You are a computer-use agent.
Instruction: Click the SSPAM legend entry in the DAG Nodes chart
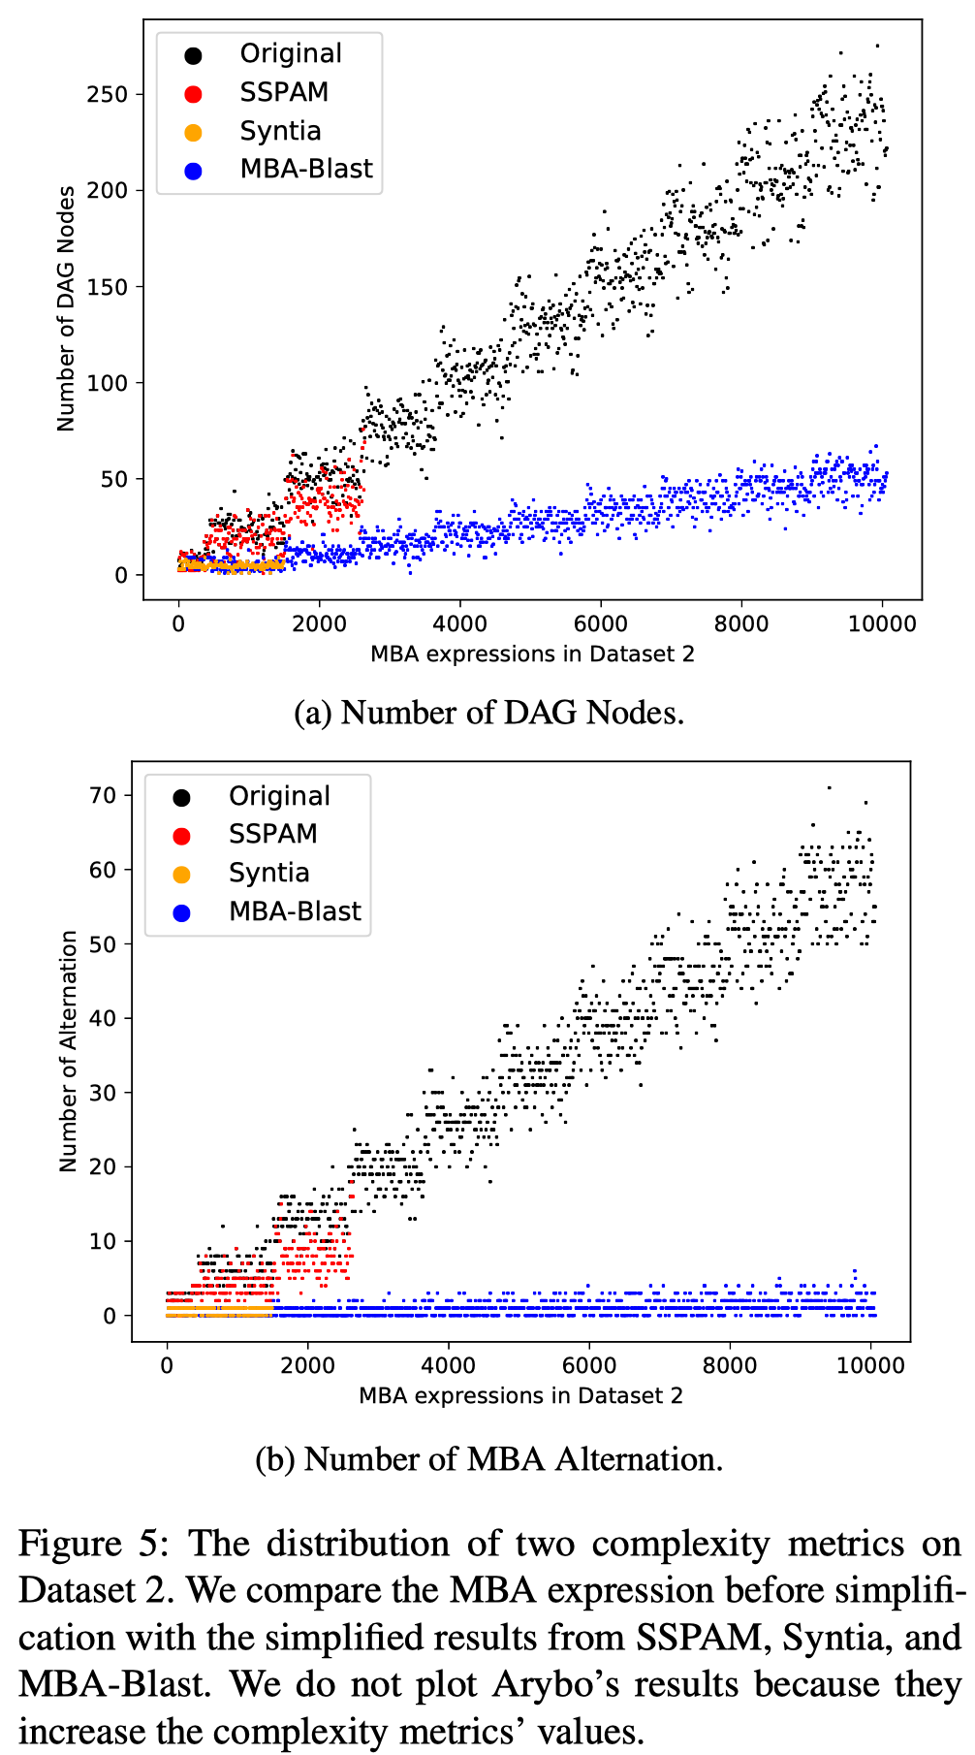click(284, 92)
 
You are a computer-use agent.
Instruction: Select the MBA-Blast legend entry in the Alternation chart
click(294, 911)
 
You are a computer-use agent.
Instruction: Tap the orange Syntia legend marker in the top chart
click(193, 132)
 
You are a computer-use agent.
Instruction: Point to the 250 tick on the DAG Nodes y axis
click(107, 94)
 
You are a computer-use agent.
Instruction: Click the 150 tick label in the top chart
click(107, 287)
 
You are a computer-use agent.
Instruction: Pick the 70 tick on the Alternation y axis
click(102, 795)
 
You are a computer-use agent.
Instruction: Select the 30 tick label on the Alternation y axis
click(102, 1093)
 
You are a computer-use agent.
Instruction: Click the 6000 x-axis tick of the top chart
click(600, 623)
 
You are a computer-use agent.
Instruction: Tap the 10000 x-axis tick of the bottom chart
click(869, 1365)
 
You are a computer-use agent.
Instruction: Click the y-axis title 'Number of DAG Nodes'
click(66, 309)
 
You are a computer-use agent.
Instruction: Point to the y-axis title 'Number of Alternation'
click(68, 1051)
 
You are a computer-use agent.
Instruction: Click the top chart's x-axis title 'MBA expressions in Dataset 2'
click(532, 654)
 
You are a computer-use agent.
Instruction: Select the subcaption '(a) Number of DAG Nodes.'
click(488, 713)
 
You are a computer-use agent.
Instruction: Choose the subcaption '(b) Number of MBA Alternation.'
click(488, 1459)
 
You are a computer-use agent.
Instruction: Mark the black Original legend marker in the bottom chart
click(181, 798)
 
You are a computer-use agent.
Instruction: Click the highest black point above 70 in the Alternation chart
click(829, 787)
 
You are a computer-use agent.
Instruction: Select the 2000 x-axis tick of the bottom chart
click(307, 1365)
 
